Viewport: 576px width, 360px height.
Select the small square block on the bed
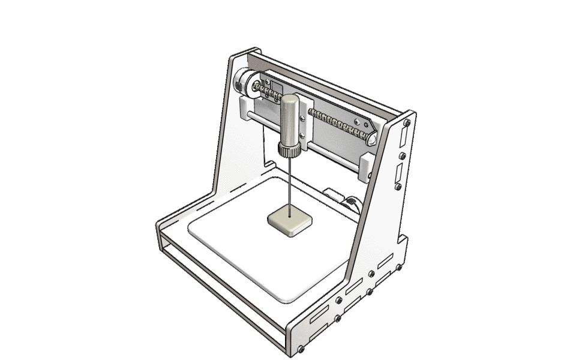290,221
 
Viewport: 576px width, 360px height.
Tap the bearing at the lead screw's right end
371,138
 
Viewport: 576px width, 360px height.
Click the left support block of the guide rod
248,109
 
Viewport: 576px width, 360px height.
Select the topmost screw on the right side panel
407,123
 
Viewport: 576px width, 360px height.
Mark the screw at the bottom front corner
301,349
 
